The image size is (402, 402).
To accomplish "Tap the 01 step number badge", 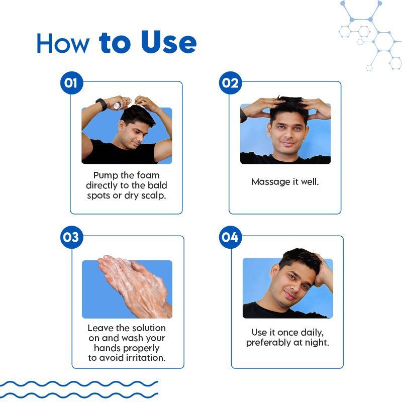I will [71, 83].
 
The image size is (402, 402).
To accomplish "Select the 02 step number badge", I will [230, 83].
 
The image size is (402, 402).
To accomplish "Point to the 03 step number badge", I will [71, 237].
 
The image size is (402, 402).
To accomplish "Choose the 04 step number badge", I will [230, 237].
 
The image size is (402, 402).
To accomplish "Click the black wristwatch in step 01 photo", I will [102, 104].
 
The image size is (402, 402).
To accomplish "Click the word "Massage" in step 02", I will [267, 181].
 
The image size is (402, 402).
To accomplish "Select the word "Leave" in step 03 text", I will [100, 328].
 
